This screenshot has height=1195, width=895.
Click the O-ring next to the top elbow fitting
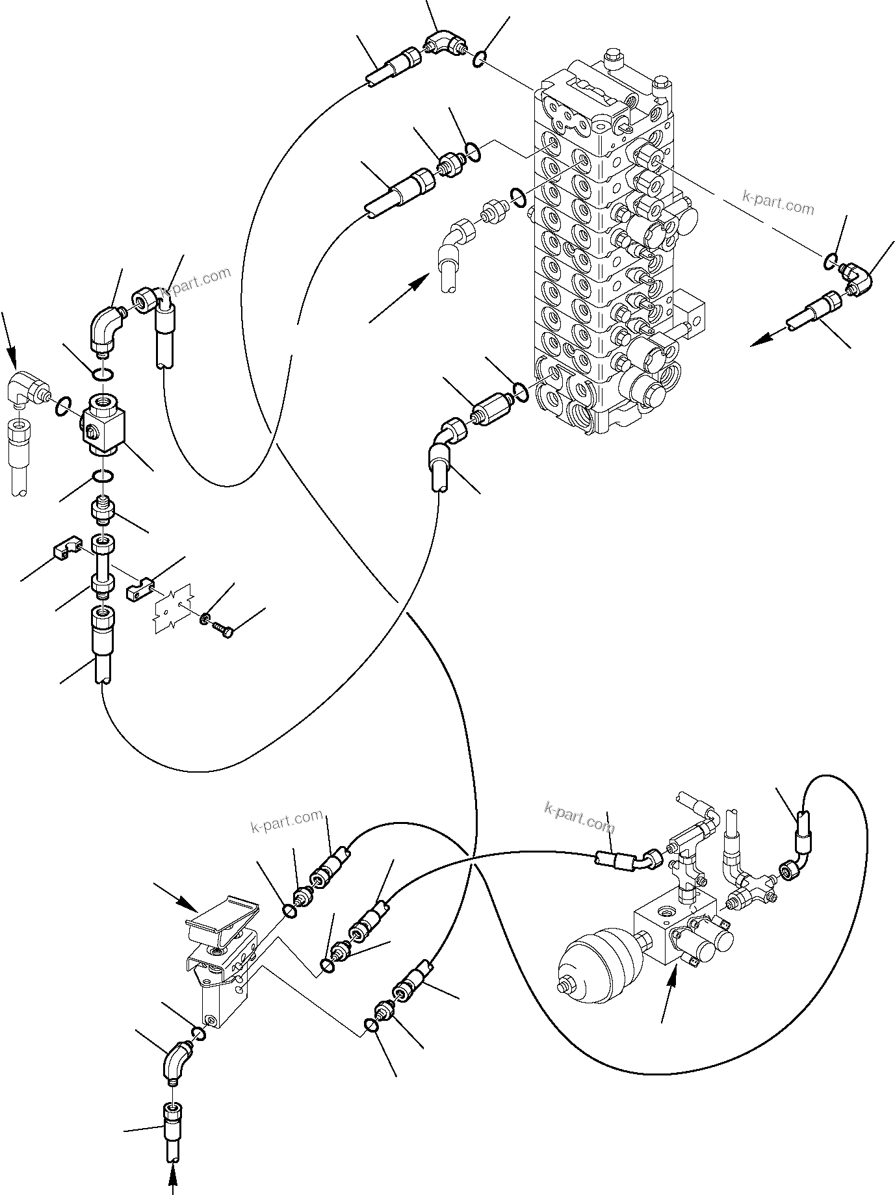pos(479,59)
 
